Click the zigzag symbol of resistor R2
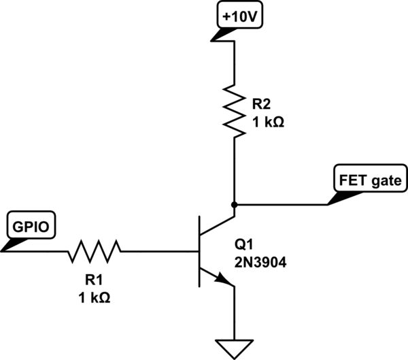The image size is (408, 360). click(x=234, y=109)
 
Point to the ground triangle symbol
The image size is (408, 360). click(x=234, y=347)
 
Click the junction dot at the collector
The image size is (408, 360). click(x=234, y=203)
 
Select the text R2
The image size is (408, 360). click(x=261, y=104)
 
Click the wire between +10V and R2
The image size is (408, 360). click(x=234, y=61)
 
